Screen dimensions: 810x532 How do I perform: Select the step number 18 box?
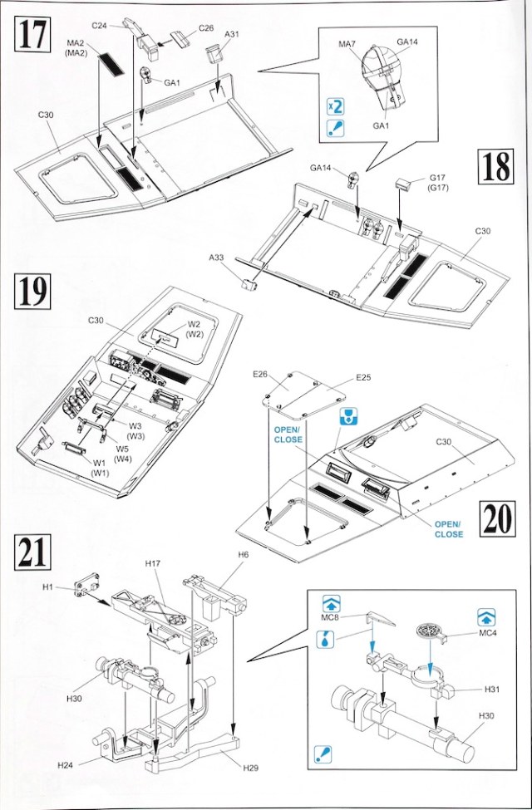tap(495, 169)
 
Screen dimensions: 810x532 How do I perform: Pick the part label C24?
tap(101, 26)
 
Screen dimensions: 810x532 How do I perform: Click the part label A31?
tap(232, 34)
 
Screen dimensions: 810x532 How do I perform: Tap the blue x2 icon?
tap(336, 107)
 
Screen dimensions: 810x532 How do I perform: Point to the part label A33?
tap(219, 258)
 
